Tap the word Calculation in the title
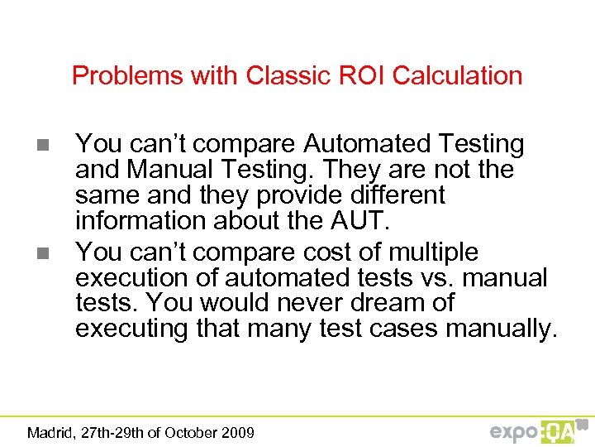pyautogui.click(x=458, y=75)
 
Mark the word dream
pyautogui.click(x=383, y=303)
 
